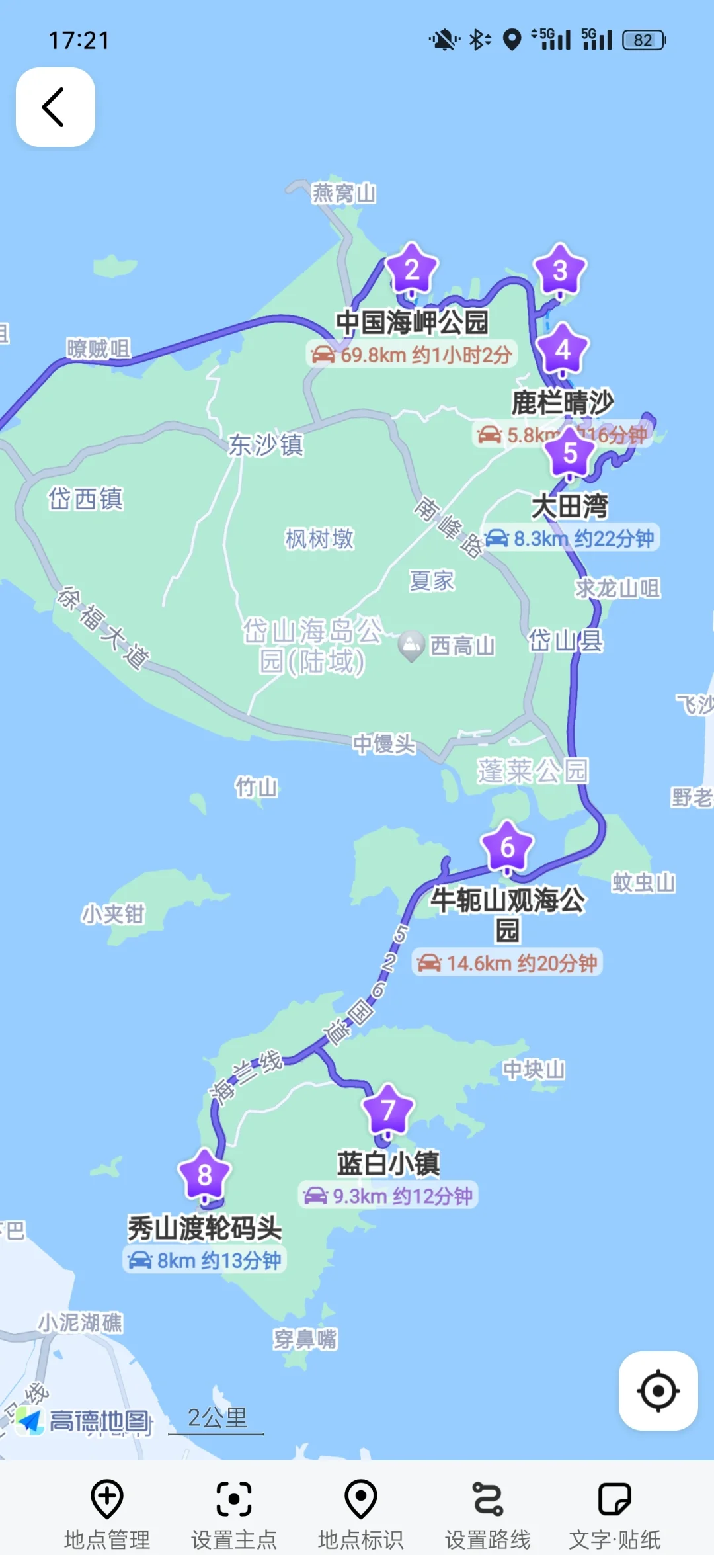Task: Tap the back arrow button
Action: click(55, 107)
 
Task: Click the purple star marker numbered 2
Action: click(412, 270)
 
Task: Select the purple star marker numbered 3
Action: click(560, 271)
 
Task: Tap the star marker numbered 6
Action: click(507, 847)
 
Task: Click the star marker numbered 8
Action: click(204, 1175)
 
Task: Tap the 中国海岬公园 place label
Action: click(412, 323)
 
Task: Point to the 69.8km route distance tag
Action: click(412, 355)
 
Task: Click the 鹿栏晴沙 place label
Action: click(563, 402)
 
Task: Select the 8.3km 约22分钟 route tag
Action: click(571, 538)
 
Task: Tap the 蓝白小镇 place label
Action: click(388, 1163)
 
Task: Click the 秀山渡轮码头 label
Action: click(204, 1228)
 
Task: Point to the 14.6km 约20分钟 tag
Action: click(507, 963)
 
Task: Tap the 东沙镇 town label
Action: click(266, 445)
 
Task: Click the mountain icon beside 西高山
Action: click(411, 644)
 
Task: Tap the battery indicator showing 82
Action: click(643, 40)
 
